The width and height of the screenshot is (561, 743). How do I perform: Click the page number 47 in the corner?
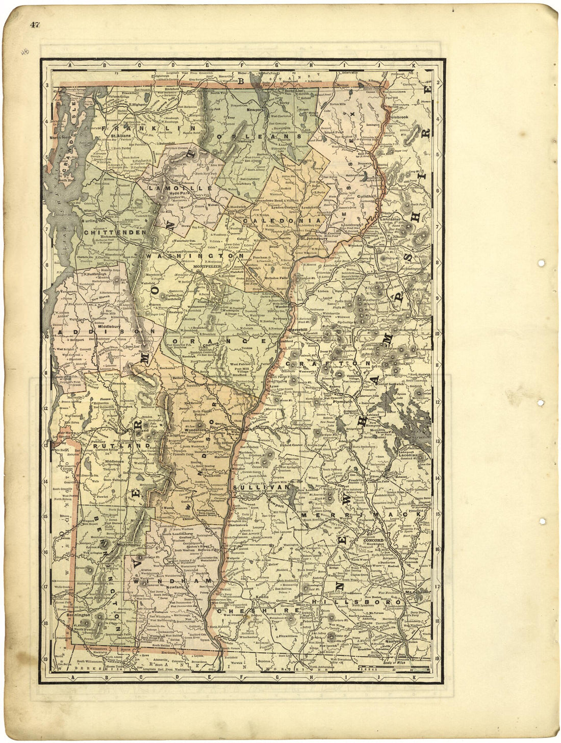(x=35, y=24)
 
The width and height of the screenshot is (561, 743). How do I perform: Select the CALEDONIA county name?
(x=269, y=220)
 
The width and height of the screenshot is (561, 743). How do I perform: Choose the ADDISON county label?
(x=105, y=332)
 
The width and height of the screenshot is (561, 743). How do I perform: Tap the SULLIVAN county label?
(x=261, y=488)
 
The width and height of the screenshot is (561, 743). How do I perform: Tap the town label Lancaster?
(x=391, y=219)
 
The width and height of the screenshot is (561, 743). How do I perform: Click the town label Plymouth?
(x=343, y=402)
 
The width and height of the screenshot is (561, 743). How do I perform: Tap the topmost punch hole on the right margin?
(x=541, y=263)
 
